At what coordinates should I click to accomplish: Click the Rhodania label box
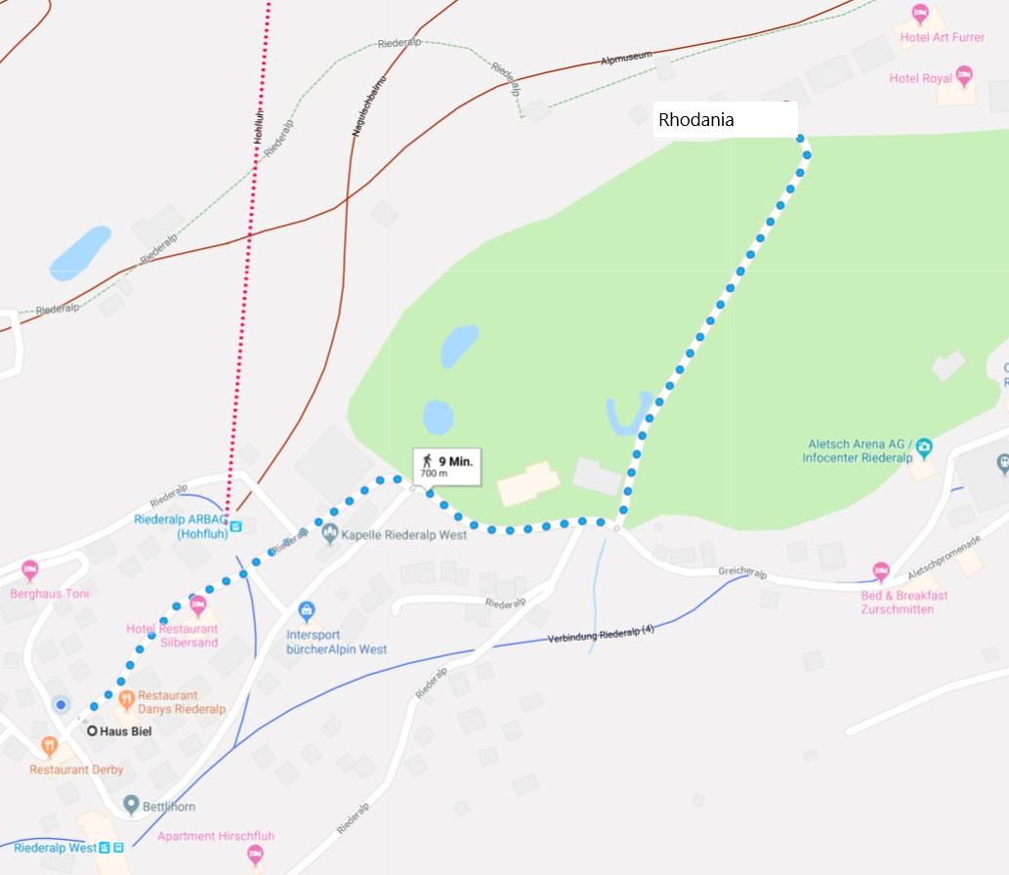[725, 120]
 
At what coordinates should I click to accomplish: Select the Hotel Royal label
[920, 78]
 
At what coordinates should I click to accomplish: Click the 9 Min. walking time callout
[447, 465]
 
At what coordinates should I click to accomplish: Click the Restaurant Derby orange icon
[50, 748]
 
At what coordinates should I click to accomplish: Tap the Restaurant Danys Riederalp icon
[126, 699]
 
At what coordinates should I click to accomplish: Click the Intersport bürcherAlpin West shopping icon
[308, 612]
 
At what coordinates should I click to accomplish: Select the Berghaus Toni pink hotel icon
[30, 570]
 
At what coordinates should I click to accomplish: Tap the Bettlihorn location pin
[131, 806]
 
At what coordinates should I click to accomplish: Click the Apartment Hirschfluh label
[216, 836]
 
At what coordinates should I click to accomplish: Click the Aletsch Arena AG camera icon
[924, 447]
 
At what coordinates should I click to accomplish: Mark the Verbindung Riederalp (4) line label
[600, 633]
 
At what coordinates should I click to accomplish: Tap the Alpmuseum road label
[625, 61]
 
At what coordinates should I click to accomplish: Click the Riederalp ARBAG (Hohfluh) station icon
[235, 525]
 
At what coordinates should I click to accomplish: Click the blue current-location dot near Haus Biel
[62, 704]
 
